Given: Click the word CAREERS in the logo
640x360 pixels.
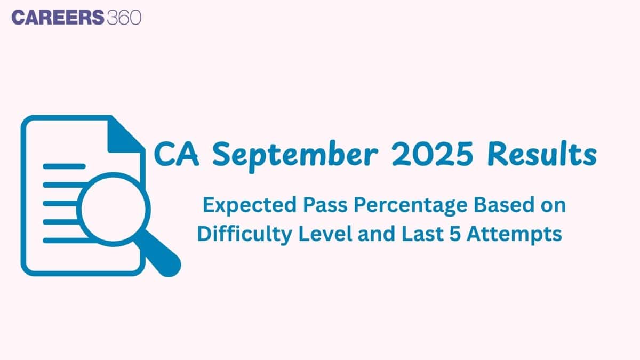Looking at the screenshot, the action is click(58, 17).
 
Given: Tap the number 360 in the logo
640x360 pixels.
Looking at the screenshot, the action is click(124, 17).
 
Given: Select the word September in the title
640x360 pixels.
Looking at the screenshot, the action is click(295, 156).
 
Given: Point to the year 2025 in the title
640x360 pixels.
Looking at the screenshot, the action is click(433, 154).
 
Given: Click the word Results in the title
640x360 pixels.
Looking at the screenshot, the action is click(542, 154).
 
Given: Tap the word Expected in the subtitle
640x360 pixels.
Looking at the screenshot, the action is click(250, 206).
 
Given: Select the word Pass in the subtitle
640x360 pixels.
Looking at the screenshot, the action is click(325, 205).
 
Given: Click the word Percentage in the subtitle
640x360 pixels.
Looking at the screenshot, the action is click(410, 206).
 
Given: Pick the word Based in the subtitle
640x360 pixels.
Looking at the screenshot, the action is click(504, 205).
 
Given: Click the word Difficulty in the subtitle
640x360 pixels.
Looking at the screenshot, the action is click(245, 235).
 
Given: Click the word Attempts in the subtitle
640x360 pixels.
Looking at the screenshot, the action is click(514, 235).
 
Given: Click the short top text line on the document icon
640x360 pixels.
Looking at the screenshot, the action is click(64, 166).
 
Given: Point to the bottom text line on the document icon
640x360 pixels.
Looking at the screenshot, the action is click(66, 241).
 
